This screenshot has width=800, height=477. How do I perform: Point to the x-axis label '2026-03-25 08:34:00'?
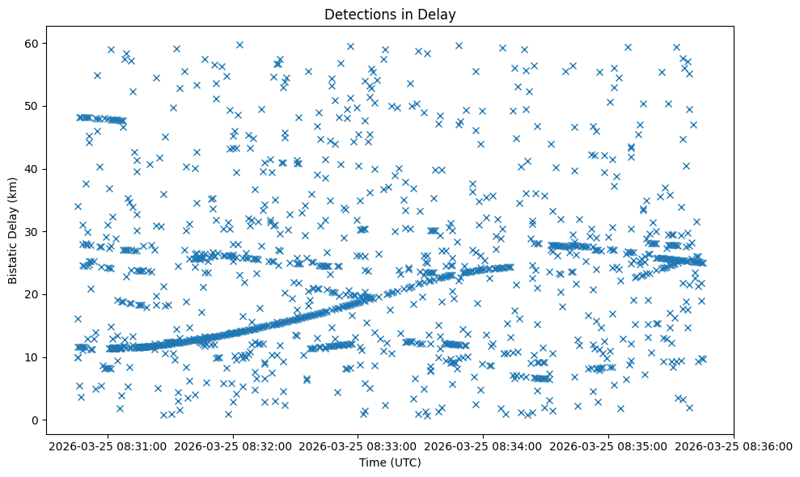pos(481,445)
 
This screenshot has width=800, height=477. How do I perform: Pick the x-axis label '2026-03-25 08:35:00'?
pos(607,445)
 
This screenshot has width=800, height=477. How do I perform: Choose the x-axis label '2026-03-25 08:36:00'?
pos(732,445)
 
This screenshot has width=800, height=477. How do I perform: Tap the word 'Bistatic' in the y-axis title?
pos(13,261)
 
